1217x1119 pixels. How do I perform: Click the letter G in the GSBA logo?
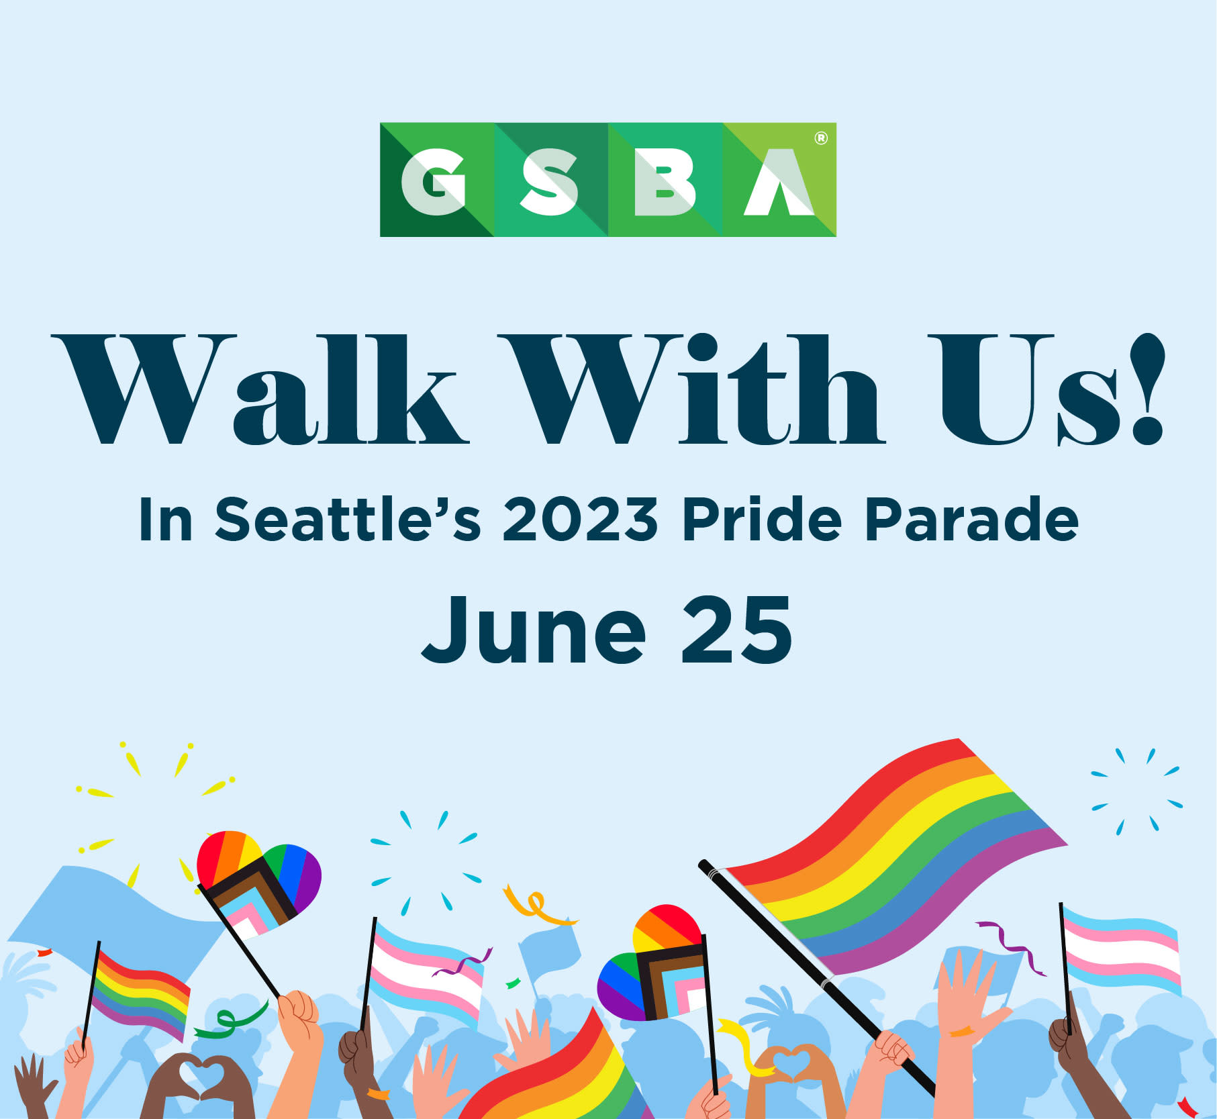434,182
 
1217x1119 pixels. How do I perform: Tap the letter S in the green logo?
548,182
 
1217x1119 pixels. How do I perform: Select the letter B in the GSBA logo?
664,182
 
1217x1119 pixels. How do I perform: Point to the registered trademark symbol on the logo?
820,138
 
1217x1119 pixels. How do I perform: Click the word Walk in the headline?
260,390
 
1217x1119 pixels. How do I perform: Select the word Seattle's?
348,519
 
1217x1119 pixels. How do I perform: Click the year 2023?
581,519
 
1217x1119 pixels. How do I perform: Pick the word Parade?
971,519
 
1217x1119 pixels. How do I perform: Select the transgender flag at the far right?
1121,949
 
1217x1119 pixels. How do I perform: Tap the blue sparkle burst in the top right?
1136,791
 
